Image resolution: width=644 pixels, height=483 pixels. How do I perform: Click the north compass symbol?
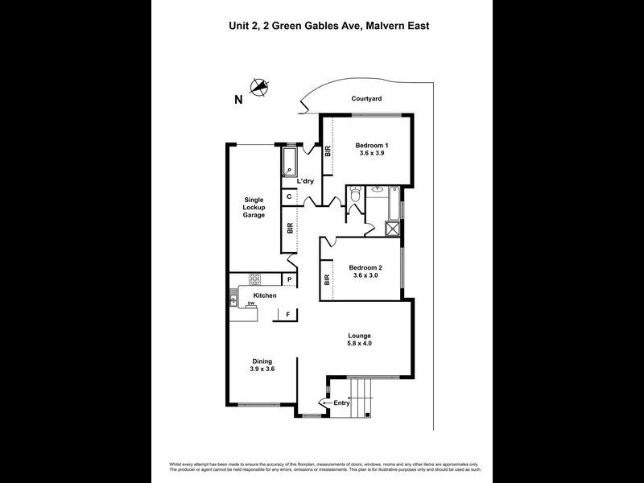[259, 87]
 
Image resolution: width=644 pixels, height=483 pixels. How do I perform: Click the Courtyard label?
[366, 99]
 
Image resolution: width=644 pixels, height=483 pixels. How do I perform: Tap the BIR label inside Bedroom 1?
[328, 151]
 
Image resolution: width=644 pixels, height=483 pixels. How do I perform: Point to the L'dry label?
[305, 181]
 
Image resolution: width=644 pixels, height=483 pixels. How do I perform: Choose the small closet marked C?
[288, 196]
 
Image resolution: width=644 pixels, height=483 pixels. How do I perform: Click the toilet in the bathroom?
[354, 196]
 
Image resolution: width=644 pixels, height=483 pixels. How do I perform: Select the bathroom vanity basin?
[378, 191]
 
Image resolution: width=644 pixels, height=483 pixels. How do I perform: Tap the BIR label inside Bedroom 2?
[328, 280]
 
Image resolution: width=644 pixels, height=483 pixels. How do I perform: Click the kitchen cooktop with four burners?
[255, 279]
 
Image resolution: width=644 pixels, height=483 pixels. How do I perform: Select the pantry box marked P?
[288, 279]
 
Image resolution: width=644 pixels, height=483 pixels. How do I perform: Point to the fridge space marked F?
[288, 315]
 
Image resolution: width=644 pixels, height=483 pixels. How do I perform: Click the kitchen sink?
[233, 300]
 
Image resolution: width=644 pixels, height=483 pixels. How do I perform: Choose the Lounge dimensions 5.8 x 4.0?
[360, 344]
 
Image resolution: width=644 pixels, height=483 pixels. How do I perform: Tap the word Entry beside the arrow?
[341, 402]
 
